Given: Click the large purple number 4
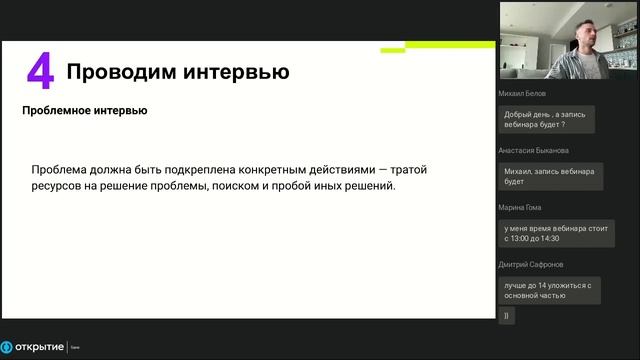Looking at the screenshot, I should (x=40, y=74).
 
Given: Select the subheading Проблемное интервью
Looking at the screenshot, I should (x=85, y=111).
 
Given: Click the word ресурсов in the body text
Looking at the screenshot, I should (x=58, y=187).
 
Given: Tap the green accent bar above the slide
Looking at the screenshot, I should (x=450, y=45).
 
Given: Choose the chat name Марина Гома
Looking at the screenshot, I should (x=522, y=207).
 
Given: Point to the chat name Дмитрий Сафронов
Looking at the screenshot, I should (x=531, y=264).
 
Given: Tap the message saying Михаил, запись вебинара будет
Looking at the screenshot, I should (x=548, y=177).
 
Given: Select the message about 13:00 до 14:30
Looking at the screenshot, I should (x=555, y=234).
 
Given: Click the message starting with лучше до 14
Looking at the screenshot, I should (x=549, y=290).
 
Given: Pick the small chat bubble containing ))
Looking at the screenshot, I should (x=507, y=316).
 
